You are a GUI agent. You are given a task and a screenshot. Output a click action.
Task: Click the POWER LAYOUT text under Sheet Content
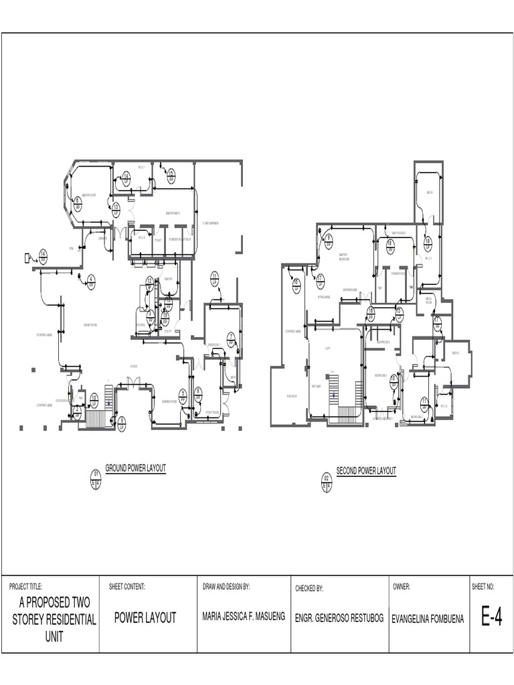pos(145,618)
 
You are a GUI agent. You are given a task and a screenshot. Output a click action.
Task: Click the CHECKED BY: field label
pos(309,589)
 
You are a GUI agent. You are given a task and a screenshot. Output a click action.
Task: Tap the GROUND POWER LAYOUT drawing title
pos(135,468)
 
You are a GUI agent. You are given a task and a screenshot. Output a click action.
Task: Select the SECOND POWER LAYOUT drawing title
pos(365,471)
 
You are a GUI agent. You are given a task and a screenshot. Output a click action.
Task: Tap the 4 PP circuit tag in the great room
pos(92,281)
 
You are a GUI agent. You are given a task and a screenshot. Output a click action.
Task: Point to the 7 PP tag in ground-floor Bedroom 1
pos(230,338)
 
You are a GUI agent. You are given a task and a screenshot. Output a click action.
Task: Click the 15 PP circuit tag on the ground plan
pos(171,176)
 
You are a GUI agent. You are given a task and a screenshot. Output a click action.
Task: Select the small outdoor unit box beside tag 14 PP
pos(28,257)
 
